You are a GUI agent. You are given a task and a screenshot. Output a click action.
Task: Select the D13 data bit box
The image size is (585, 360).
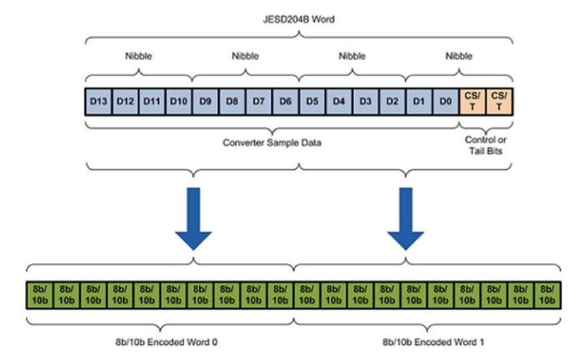[x=99, y=102]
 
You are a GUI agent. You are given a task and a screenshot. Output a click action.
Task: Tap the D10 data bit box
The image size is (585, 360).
[x=179, y=102]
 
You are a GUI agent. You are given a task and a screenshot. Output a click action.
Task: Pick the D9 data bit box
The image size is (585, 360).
[x=206, y=102]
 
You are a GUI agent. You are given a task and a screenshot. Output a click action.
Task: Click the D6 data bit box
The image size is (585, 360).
[x=285, y=102]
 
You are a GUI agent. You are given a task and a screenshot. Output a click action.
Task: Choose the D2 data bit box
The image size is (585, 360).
[x=392, y=102]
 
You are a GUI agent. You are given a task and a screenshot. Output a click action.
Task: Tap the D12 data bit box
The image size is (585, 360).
[x=126, y=102]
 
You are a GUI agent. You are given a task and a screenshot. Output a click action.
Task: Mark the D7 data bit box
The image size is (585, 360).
[x=259, y=102]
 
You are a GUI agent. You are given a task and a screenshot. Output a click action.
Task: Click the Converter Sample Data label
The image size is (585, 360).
[x=272, y=142]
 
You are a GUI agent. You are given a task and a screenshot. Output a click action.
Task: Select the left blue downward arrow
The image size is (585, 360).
[x=193, y=219]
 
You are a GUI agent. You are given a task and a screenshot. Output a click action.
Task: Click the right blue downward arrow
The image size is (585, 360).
[x=406, y=219]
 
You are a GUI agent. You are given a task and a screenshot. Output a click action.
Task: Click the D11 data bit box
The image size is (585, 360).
[x=152, y=102]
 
